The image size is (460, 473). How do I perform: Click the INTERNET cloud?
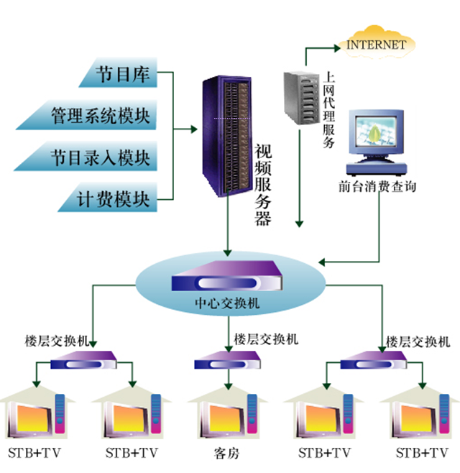(x=375, y=44)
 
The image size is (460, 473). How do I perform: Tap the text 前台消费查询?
(x=377, y=186)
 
